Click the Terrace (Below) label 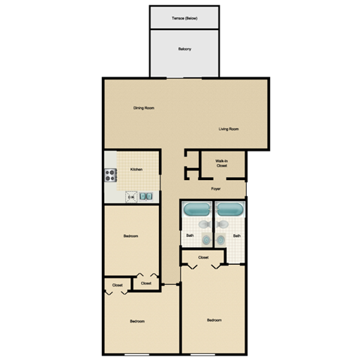point(184,18)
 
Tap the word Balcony point(184,49)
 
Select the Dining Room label point(144,108)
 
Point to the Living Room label point(229,129)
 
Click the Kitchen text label point(136,169)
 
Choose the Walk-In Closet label point(221,163)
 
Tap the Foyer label point(216,188)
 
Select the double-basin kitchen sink point(148,196)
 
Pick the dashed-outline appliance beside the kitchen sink point(130,196)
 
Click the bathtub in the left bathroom point(197,209)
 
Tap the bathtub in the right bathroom point(229,209)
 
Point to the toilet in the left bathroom point(205,224)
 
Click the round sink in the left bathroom point(206,239)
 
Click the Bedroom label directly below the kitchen point(130,236)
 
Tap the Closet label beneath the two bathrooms point(203,257)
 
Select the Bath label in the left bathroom point(190,236)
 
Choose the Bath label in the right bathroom point(236,236)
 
